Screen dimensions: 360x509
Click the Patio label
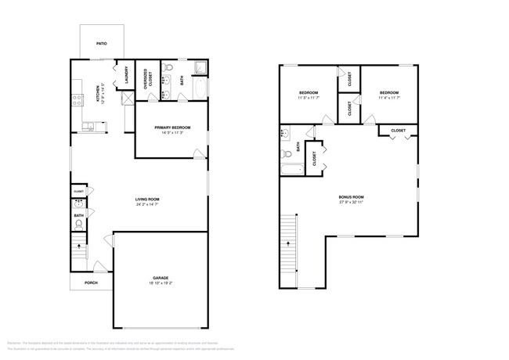coord(101,43)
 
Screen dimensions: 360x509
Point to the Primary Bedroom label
coord(172,127)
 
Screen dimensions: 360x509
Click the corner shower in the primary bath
coord(199,67)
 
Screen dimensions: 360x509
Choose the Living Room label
coord(147,200)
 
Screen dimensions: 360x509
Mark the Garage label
coord(160,278)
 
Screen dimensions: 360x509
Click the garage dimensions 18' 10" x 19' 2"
coord(160,284)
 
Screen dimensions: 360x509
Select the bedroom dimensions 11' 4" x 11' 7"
coord(389,97)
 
